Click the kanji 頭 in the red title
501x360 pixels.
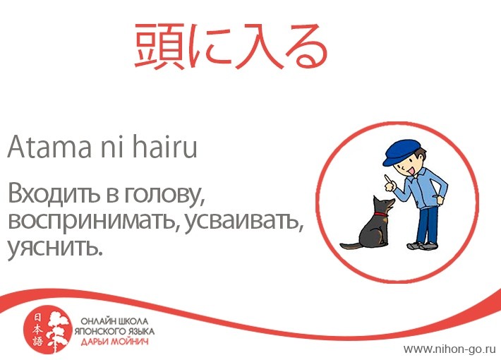tap(159, 46)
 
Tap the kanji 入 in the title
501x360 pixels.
tap(258, 47)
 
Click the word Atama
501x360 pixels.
tap(49, 148)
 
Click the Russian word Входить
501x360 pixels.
tap(54, 193)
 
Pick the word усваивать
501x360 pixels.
tap(243, 221)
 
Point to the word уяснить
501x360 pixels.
tap(54, 248)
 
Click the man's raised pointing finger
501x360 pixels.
tap(387, 179)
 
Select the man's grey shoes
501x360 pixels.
tap(422, 246)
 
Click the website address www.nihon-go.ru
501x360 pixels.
tap(449, 349)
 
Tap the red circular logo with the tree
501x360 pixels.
tap(47, 331)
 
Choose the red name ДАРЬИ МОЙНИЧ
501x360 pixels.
tap(114, 342)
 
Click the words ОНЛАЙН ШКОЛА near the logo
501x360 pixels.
tap(114, 321)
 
